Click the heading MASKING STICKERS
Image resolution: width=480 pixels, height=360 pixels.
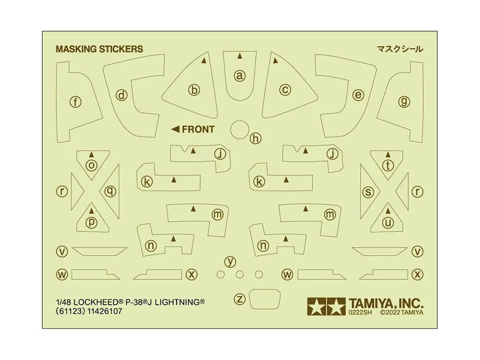99,49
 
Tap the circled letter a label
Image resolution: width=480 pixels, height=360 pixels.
240,75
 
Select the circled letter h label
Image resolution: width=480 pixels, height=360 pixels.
255,138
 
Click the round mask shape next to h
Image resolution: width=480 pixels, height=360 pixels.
240,130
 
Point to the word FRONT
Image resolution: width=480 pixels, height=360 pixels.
198,130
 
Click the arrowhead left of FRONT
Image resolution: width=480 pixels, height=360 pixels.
175,130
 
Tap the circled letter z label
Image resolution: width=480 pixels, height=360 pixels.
240,299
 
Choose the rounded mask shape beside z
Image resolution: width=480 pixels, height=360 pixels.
265,299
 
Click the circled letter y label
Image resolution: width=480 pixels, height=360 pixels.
230,262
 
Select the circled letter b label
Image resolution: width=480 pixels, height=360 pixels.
194,90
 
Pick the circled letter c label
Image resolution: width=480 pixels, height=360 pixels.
285,90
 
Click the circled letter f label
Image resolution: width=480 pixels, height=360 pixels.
75,102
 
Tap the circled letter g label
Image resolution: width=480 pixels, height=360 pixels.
404,101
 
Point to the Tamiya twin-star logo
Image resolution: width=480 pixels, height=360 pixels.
326,306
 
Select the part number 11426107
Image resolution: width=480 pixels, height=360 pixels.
105,312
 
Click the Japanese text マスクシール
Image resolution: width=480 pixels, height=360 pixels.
400,49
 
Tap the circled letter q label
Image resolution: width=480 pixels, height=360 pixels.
110,192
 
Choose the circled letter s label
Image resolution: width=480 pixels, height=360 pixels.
368,192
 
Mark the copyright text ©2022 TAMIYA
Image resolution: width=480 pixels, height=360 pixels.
402,312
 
